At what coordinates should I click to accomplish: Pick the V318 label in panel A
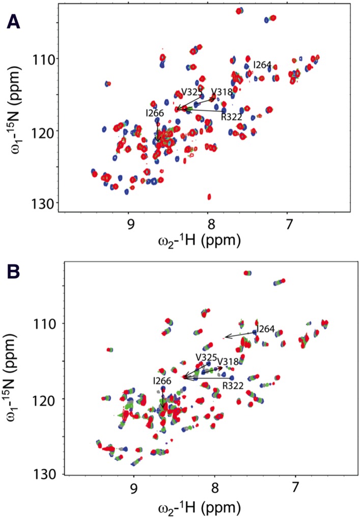[x=221, y=92]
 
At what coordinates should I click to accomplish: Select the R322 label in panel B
[x=232, y=386]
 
